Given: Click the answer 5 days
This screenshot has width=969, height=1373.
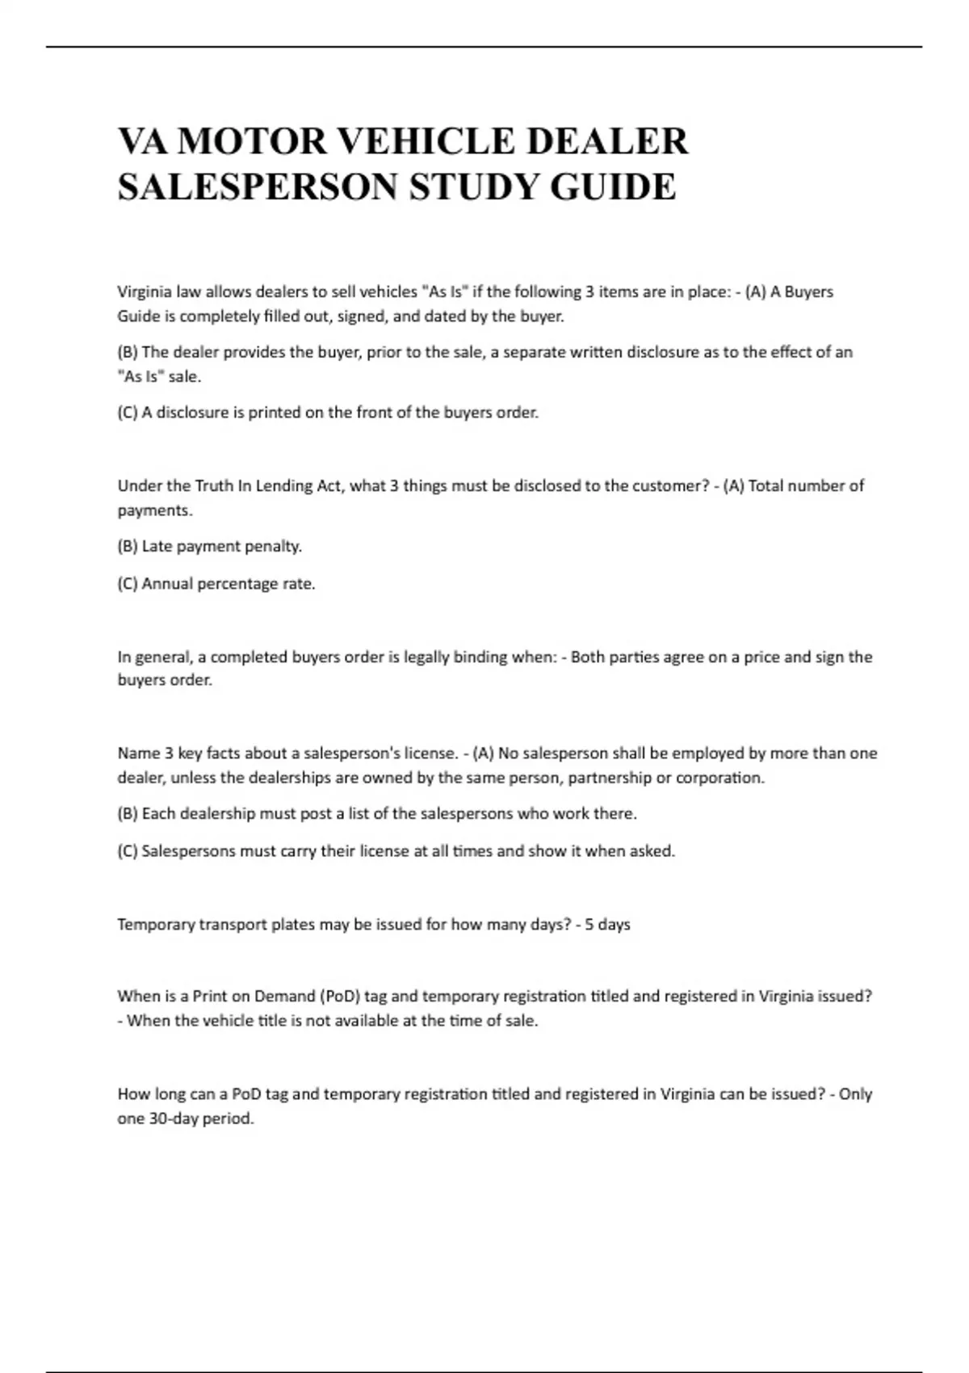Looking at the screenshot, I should (607, 924).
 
